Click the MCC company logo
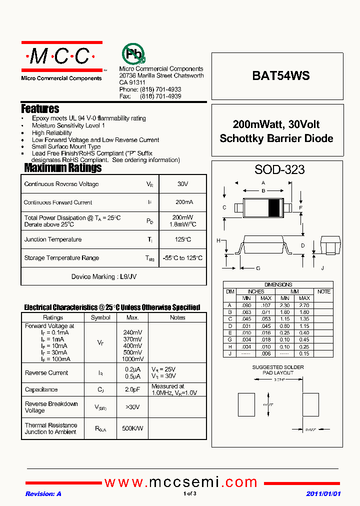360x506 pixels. [x=61, y=56]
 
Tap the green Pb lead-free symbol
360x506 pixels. [x=133, y=53]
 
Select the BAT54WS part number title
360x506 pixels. [x=280, y=75]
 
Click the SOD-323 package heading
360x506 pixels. [x=279, y=169]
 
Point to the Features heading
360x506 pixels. [x=40, y=108]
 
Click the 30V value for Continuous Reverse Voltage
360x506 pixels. [x=182, y=184]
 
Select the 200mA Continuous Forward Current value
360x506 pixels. [x=182, y=202]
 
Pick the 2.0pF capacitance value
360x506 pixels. [x=132, y=389]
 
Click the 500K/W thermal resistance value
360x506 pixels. [x=132, y=428]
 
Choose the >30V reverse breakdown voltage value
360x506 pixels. [x=132, y=407]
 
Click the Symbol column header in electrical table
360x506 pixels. [x=100, y=317]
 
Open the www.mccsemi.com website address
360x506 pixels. [x=181, y=482]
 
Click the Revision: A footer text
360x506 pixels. [x=43, y=494]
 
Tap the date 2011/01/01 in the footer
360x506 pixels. [x=323, y=494]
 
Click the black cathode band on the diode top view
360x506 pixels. [x=274, y=207]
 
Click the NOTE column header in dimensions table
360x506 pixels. [x=324, y=291]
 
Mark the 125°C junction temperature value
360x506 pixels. [x=182, y=239]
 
